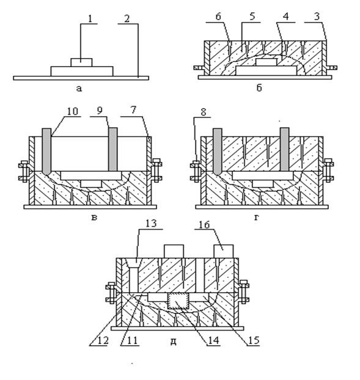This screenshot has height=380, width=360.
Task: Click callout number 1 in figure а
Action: [x=90, y=18]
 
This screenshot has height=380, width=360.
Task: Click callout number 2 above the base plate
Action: [x=127, y=19]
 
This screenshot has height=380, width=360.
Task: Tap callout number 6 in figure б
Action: [x=218, y=17]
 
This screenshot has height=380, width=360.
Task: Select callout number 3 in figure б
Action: [x=317, y=17]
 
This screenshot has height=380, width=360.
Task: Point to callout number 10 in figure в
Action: [x=73, y=111]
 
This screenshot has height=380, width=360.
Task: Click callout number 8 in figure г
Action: [x=204, y=112]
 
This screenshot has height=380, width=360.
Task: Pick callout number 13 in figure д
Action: [x=151, y=223]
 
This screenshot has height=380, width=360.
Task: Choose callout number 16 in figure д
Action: [x=204, y=225]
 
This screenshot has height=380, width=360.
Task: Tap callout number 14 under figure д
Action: [x=213, y=340]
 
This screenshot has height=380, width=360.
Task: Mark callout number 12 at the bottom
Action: [x=103, y=341]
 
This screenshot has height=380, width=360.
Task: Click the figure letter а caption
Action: [x=79, y=89]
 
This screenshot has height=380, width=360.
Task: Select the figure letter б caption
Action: [x=259, y=87]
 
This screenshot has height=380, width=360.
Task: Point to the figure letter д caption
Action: [x=173, y=342]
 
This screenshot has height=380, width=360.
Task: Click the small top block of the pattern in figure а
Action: [x=81, y=62]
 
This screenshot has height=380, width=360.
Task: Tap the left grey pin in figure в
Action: [x=46, y=151]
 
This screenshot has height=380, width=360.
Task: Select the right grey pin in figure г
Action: [x=284, y=149]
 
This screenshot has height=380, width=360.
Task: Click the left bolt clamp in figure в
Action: [x=24, y=171]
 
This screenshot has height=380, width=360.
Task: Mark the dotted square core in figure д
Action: [x=178, y=301]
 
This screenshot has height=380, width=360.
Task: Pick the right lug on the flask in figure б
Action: [x=331, y=68]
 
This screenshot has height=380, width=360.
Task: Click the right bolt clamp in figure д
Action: [x=244, y=291]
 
